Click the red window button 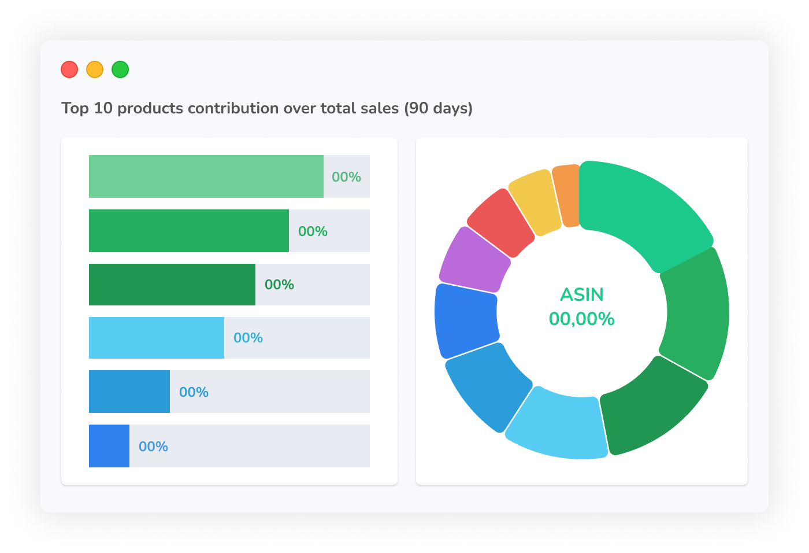tap(69, 69)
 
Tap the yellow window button tap(95, 69)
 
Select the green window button tap(120, 69)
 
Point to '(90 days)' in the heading tap(438, 109)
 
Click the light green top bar tap(206, 176)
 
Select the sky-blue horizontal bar tap(156, 338)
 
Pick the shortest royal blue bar tap(109, 446)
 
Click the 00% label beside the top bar tap(346, 177)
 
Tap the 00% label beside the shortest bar tap(153, 447)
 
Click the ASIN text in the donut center tap(581, 294)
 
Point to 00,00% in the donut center tap(581, 319)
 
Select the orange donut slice tap(567, 196)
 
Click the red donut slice tap(500, 223)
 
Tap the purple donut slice tap(474, 261)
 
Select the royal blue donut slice tap(466, 319)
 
